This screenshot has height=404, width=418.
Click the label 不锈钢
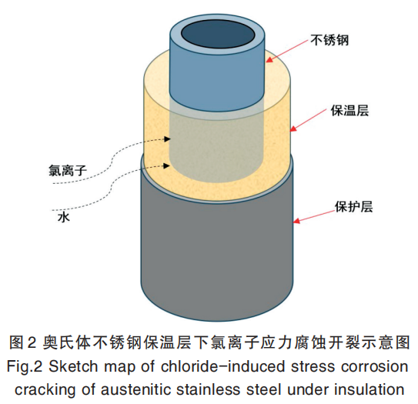[x=329, y=41]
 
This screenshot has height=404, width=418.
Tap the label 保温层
[x=349, y=110]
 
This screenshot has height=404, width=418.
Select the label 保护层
[x=354, y=206]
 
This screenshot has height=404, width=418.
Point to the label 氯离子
[x=68, y=170]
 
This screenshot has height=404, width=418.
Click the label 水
[x=63, y=217]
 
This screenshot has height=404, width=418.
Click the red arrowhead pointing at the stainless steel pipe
[x=269, y=59]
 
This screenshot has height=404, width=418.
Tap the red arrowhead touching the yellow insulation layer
[x=293, y=129]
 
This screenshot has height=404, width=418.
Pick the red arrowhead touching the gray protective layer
[x=296, y=221]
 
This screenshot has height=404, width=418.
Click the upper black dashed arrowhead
[x=167, y=139]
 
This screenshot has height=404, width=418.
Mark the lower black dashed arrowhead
[x=166, y=165]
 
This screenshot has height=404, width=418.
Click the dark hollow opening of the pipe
[x=218, y=35]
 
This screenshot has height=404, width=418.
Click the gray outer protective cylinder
[x=217, y=255]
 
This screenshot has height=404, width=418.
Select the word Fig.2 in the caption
[x=25, y=367]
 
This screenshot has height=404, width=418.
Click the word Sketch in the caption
[x=73, y=366]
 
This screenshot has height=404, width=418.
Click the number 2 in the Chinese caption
[x=32, y=342]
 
